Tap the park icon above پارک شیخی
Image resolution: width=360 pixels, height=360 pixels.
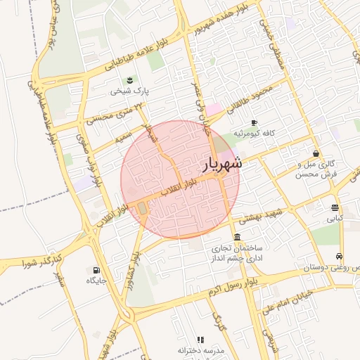pos(129,80)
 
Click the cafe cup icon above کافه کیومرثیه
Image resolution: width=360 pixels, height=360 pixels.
pos(253,122)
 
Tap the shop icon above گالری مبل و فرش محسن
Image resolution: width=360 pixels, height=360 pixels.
pos(316,153)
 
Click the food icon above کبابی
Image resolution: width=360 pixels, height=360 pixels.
pos(335,208)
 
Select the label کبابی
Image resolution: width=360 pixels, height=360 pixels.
pos(334,219)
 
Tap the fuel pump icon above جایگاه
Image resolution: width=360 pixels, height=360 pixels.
pos(96,270)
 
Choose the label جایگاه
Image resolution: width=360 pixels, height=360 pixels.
pos(96,281)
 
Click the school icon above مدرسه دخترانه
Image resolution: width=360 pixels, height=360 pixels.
pos(200,340)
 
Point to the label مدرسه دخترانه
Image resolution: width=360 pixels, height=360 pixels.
pos(200,350)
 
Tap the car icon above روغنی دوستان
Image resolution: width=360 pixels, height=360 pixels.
pos(340,257)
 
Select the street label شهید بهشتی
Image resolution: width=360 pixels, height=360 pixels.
pos(259,215)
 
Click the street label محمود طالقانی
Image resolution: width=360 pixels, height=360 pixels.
pos(258,95)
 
